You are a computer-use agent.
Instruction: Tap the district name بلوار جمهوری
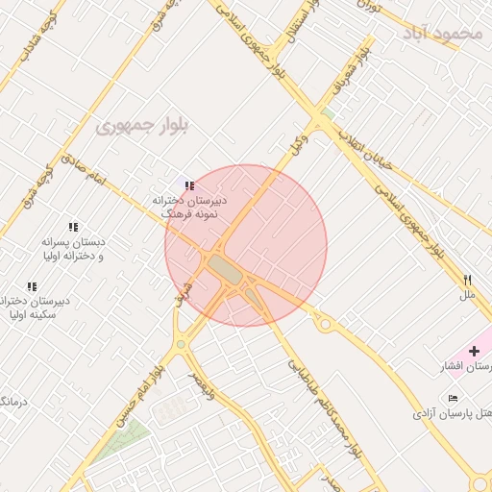pos(143,125)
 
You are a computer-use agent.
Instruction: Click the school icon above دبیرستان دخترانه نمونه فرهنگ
pos(189,185)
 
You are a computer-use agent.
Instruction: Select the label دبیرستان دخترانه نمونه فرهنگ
pos(189,208)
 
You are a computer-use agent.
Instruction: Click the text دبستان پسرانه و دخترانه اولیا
pos(72,249)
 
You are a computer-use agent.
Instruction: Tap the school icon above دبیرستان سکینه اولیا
pos(32,286)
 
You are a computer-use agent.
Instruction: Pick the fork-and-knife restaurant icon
pos(467,280)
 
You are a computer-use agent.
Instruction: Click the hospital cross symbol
pos(474,351)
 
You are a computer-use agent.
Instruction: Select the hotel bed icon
pos(453,398)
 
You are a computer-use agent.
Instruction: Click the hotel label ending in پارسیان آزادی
pos(452,413)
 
